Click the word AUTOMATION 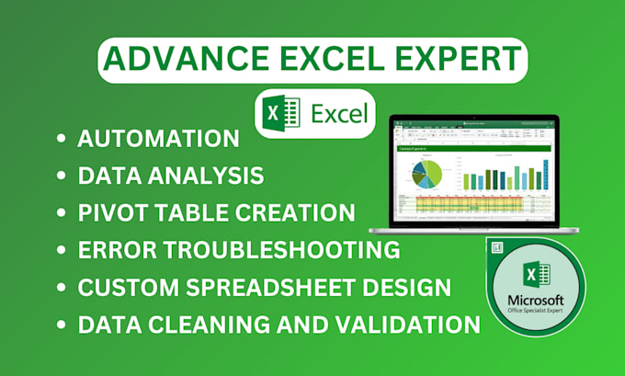coord(159,140)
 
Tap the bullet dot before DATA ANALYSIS coord(62,177)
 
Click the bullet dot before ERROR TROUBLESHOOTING coord(62,250)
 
